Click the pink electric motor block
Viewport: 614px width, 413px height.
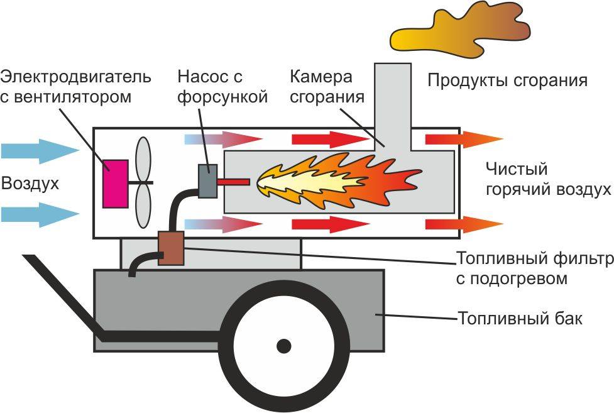coord(116,184)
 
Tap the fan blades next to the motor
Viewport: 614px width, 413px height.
coord(143,182)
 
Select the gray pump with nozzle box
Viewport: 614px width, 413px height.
coord(207,180)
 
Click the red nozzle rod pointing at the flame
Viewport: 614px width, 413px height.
coord(233,182)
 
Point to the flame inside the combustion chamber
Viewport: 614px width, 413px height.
coord(339,181)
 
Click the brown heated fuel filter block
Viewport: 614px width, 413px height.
coord(171,248)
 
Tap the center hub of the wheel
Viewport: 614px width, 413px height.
coord(283,346)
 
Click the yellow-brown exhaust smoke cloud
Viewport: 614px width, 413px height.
coord(461,30)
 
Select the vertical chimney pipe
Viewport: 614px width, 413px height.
coord(393,106)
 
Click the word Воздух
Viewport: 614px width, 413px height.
coord(30,184)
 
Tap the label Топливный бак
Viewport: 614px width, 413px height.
coord(520,318)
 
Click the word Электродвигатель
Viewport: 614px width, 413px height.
coord(75,77)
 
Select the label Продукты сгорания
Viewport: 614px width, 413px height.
coord(508,80)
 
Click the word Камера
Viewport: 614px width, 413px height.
coord(321,77)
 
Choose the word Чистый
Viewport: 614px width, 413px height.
coord(517,169)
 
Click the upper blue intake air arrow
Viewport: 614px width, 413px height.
coord(41,151)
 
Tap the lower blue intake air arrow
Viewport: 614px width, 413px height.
coord(41,214)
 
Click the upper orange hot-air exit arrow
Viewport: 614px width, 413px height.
coord(464,139)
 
